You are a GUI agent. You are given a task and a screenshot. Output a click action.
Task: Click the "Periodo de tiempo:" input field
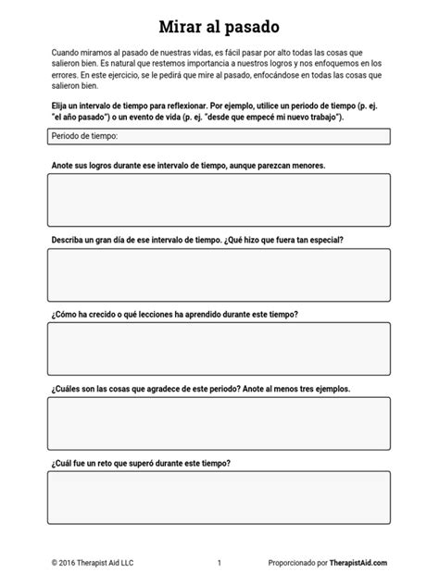click(x=219, y=136)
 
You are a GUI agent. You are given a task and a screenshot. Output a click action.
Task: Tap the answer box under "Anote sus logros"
click(x=219, y=200)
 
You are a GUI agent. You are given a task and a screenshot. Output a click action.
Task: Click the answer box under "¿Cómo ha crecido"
click(x=219, y=349)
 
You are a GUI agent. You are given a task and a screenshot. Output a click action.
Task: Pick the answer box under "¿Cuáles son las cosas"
click(x=219, y=423)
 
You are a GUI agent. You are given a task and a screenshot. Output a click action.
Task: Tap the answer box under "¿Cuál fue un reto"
click(x=219, y=498)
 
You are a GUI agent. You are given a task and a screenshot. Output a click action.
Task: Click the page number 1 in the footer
click(x=219, y=563)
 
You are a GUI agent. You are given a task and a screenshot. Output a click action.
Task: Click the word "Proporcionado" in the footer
click(x=292, y=563)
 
